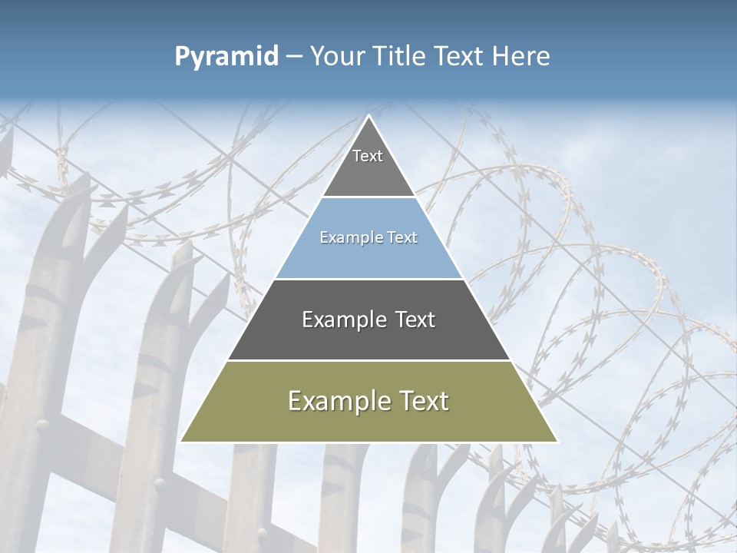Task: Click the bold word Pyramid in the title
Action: pyautogui.click(x=226, y=57)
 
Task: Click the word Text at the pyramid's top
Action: pyautogui.click(x=368, y=156)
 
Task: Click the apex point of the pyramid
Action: pyautogui.click(x=368, y=117)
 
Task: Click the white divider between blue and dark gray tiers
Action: pyautogui.click(x=368, y=279)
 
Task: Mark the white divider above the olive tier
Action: pyautogui.click(x=368, y=360)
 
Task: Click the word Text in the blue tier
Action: pyautogui.click(x=402, y=238)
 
